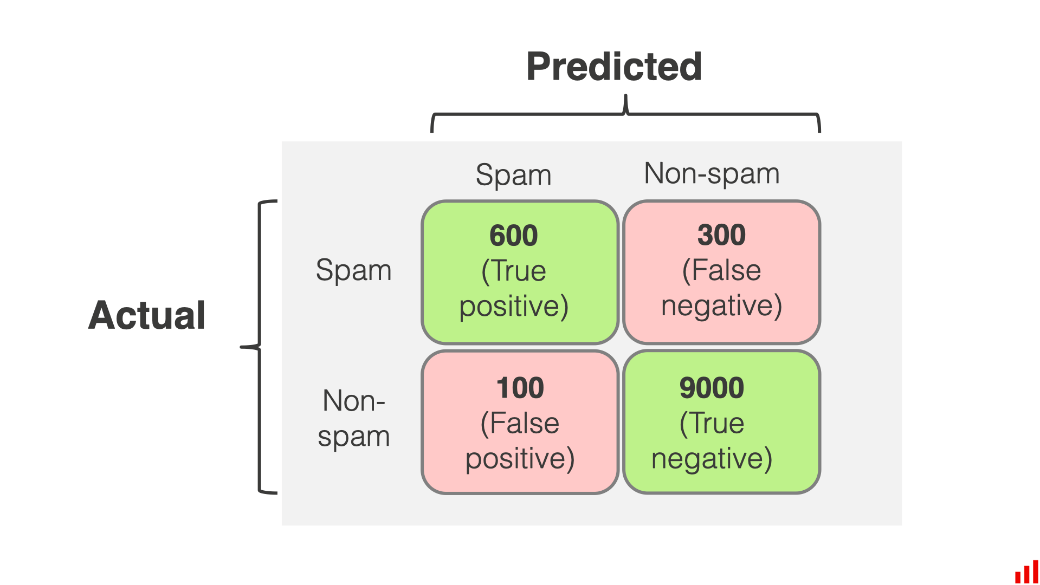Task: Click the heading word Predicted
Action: point(614,67)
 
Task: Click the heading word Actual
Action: point(147,315)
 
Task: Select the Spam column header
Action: point(513,175)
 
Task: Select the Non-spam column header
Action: point(712,174)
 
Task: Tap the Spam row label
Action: point(353,270)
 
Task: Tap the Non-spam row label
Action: point(353,418)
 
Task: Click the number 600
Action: point(513,236)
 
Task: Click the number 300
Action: point(721,235)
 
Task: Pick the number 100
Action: point(520,388)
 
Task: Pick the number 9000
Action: point(712,388)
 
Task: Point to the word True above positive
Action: point(518,271)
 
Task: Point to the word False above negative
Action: point(726,270)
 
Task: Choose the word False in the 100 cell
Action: point(524,423)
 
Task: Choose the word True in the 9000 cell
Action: point(715,423)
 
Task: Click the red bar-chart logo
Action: point(1026,572)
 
